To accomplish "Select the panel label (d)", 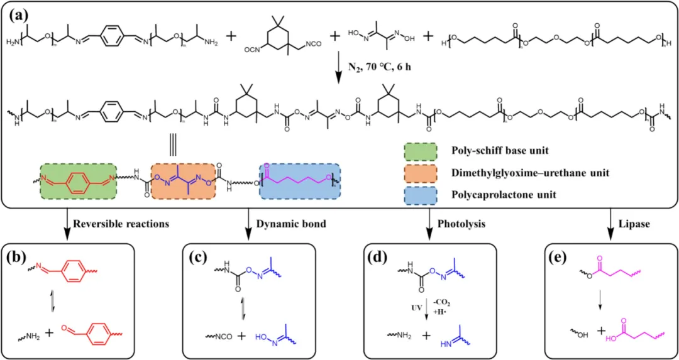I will tap(381, 259).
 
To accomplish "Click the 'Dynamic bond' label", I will tap(284, 223).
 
